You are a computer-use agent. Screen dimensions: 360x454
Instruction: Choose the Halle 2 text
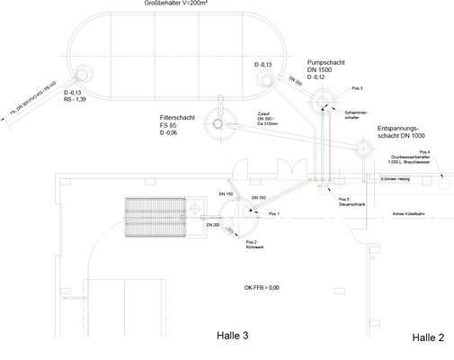[x=428, y=337]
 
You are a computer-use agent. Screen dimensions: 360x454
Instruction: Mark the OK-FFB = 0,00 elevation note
[x=263, y=287]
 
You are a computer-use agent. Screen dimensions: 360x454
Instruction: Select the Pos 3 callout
[x=357, y=90]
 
